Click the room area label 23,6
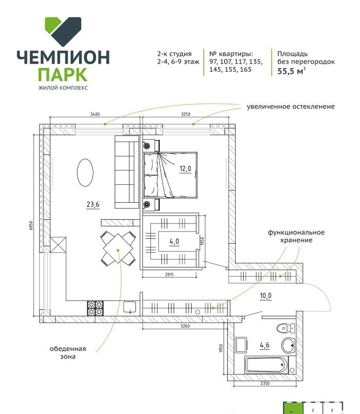93,205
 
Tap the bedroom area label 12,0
185,168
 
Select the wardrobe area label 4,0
174,241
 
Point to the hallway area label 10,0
265,296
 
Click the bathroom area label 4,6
264,345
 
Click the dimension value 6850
31,226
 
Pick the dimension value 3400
95,114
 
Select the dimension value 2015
169,274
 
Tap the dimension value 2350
265,383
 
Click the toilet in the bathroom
286,329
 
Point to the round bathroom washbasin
288,345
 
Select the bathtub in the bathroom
266,365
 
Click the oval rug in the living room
85,172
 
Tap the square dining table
118,248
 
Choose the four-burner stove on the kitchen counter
96,308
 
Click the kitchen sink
130,308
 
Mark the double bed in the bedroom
170,175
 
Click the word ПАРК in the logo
63,75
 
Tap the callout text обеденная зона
68,352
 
